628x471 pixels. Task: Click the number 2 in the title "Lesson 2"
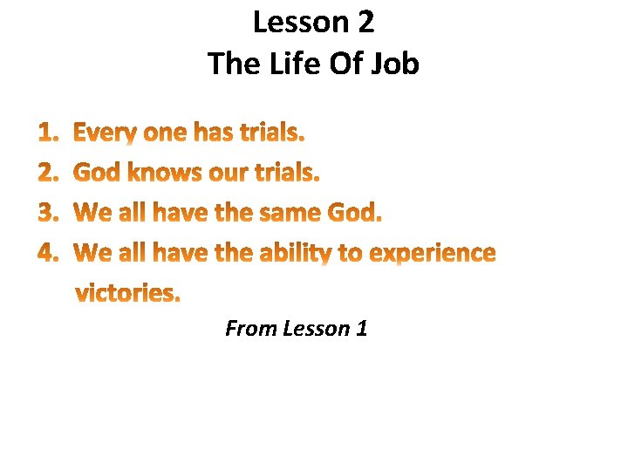tap(364, 23)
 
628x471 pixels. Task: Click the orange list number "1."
tap(49, 133)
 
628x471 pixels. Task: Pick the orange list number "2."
tap(49, 174)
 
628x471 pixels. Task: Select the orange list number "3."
tap(49, 213)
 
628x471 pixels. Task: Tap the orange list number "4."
tap(49, 253)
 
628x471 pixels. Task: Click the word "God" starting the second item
tap(97, 173)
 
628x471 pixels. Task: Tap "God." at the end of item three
tap(354, 213)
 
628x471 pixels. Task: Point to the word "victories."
tap(128, 293)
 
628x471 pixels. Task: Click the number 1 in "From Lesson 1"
tap(360, 329)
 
